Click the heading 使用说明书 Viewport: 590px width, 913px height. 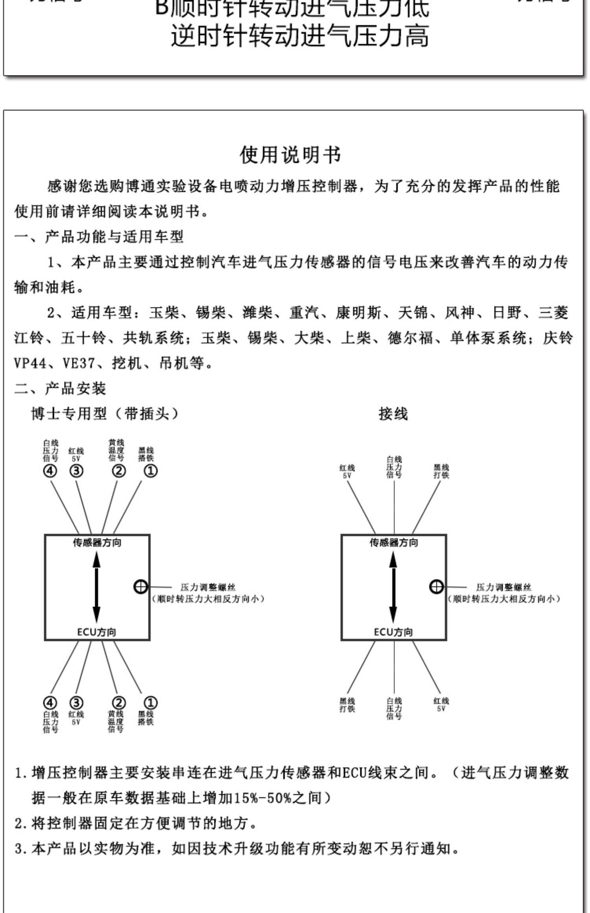coord(291,155)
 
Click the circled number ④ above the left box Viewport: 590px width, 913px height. coord(50,471)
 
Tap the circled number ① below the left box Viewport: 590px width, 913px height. coord(150,703)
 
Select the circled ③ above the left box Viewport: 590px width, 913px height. coord(76,471)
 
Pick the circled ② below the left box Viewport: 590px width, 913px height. coord(118,703)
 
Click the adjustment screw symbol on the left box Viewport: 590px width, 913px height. coord(140,587)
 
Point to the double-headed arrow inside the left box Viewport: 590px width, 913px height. coord(97,587)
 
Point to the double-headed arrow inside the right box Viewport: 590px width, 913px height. coord(393,587)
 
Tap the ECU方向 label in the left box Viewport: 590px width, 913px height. coord(97,632)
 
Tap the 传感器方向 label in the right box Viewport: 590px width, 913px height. coord(393,543)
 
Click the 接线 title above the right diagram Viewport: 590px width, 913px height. coord(393,414)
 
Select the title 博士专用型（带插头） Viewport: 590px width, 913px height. coord(105,414)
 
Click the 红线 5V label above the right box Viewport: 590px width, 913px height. coord(347,471)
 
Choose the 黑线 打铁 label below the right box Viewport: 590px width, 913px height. coord(347,705)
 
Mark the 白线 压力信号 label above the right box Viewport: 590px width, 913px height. coord(394,467)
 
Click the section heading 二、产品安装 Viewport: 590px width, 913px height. coord(60,389)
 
